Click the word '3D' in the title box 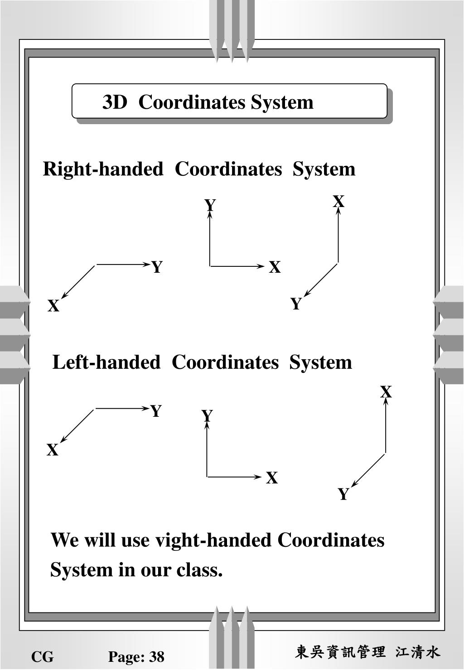115,102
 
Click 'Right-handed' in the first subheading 103,169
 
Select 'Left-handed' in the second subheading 106,362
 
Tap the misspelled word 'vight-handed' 213,540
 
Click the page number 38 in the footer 157,656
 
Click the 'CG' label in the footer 42,656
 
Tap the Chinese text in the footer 367,652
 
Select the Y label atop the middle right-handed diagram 210,205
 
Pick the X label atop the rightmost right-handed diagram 338,201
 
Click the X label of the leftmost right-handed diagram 53,306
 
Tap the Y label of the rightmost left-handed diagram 343,494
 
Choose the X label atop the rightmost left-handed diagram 386,392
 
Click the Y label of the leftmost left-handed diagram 156,411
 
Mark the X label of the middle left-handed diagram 271,478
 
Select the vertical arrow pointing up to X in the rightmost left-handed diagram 386,426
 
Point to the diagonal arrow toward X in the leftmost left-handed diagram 77,425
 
